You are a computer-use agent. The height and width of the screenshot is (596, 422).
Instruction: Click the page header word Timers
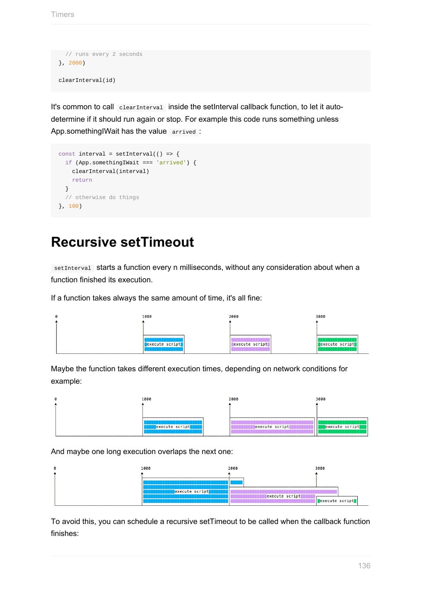(x=63, y=14)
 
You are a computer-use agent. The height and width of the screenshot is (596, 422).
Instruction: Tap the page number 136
(x=364, y=566)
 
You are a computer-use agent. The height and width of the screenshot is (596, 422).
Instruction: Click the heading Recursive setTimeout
(x=122, y=242)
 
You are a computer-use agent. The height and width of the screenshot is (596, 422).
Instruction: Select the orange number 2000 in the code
(x=75, y=63)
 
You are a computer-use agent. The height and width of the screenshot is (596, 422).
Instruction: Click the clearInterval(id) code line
(x=87, y=80)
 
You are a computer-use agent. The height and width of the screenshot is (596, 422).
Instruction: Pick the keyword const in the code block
(x=67, y=154)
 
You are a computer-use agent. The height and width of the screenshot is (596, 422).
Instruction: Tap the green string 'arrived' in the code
(x=171, y=163)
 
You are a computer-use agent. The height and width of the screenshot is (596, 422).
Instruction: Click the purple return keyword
(x=82, y=180)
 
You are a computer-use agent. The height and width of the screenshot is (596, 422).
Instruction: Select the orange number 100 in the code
(x=73, y=206)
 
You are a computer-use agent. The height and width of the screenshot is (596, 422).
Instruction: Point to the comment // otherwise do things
(x=102, y=197)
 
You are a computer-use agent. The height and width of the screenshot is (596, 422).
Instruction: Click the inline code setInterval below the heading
(x=72, y=268)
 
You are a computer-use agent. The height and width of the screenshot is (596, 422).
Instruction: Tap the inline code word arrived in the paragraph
(x=183, y=132)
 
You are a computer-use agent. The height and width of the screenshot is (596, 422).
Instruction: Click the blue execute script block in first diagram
(x=164, y=344)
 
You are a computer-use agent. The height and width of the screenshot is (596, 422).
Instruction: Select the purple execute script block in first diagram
(x=251, y=344)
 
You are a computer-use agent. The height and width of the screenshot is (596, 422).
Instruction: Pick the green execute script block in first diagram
(x=337, y=344)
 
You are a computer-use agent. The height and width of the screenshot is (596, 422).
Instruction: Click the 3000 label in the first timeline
(x=321, y=317)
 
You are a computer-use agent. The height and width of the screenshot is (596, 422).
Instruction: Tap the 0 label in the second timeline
(x=55, y=399)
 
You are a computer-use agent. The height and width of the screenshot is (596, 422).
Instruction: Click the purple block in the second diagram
(x=272, y=427)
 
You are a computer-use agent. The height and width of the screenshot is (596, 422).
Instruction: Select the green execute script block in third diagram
(x=337, y=501)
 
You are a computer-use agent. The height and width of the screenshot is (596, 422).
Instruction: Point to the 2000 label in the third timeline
(x=233, y=469)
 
